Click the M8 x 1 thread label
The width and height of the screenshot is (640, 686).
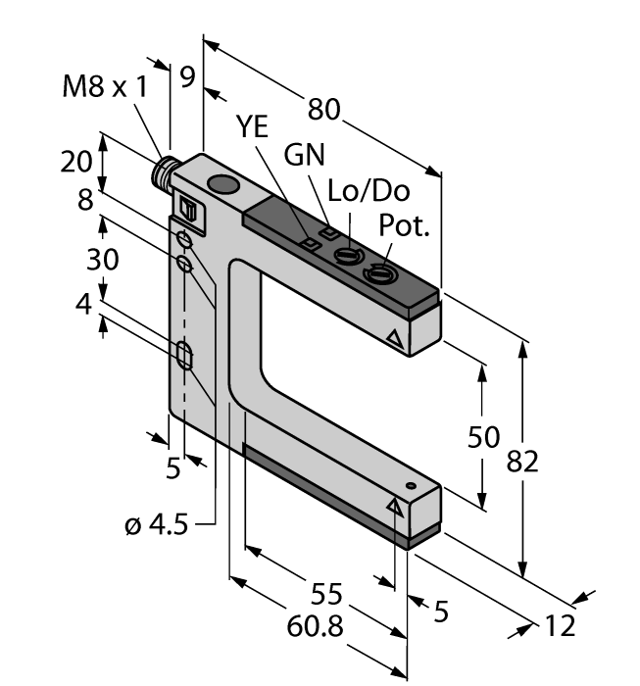tap(106, 87)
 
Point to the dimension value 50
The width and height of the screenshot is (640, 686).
tap(484, 436)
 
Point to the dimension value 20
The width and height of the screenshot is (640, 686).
tap(76, 161)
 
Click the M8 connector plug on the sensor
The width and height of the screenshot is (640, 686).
tap(159, 177)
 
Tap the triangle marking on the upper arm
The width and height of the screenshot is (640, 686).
tap(395, 340)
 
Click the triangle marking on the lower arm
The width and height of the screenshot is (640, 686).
tap(397, 506)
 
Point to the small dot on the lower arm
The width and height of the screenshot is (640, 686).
tap(413, 486)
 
